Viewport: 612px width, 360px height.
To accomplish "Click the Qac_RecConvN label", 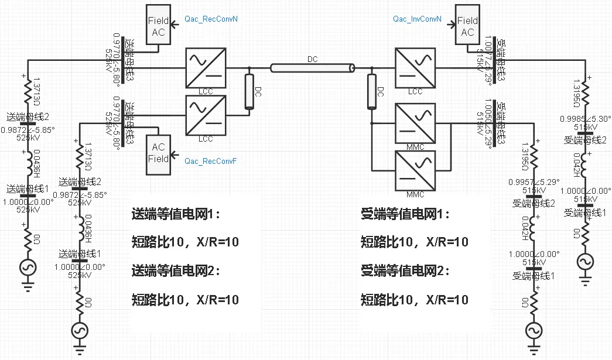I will pos(210,19).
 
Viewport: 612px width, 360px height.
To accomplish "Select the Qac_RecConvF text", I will pos(210,161).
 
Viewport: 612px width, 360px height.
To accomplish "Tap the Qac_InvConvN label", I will pos(417,19).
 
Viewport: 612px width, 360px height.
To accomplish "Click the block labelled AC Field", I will pos(159,153).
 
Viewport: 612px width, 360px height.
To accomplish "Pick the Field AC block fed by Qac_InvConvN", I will pos(467,26).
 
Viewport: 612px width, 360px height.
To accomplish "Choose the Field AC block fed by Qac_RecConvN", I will pos(158,26).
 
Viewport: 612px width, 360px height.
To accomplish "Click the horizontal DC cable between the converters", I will pos(312,68).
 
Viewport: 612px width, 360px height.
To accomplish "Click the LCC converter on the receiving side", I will pos(415,68).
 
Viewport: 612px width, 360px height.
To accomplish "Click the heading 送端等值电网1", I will pos(176,214).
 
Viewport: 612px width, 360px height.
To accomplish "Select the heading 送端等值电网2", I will pos(176,271).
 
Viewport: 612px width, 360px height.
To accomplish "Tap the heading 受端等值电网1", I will pos(405,214).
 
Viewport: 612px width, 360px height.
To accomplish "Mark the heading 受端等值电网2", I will pos(405,271).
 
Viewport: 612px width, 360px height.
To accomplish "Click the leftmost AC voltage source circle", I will pos(28,268).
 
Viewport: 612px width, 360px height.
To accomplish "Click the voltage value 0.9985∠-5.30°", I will pos(586,118).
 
